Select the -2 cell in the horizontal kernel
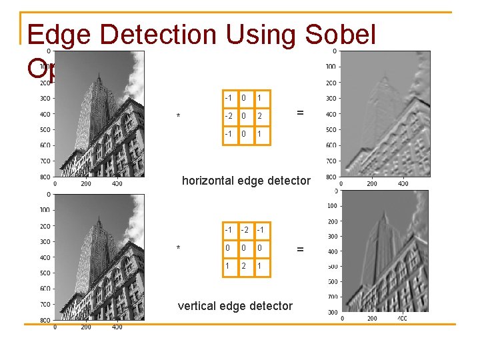(x=228, y=115)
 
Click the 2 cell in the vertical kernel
(x=244, y=266)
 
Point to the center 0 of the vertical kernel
(x=244, y=248)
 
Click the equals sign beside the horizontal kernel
(x=300, y=113)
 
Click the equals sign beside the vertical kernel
(x=300, y=249)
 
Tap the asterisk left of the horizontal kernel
(x=178, y=117)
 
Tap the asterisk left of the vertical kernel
(x=178, y=249)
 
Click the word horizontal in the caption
(x=211, y=181)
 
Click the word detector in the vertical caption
(x=271, y=306)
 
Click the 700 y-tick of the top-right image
(x=329, y=161)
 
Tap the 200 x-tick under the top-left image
(x=85, y=184)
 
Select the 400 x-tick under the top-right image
(x=403, y=183)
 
